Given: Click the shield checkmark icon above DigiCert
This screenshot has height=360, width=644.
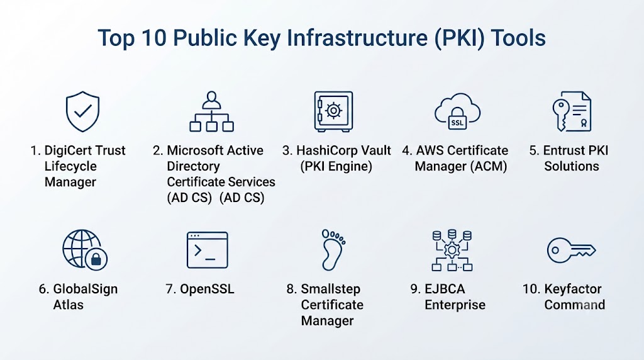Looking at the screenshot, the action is [82, 111].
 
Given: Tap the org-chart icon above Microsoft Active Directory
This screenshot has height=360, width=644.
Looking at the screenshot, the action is [211, 111].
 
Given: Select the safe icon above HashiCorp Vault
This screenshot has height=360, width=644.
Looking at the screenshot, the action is [333, 111].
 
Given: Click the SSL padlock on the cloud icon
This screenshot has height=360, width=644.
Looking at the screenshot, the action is [457, 120].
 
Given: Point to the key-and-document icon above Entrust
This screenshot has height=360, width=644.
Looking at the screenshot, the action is [572, 111].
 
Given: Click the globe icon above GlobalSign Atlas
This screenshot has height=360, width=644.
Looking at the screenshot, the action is [85, 249].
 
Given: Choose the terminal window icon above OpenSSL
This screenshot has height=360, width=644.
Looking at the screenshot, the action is [208, 250].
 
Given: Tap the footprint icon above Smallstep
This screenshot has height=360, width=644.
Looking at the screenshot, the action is [333, 249].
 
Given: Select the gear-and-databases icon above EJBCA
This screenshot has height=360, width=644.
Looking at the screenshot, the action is [452, 250].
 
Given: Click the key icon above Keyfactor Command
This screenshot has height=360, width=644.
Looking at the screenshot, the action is [571, 250].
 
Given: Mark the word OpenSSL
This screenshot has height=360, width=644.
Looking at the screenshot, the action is [207, 289].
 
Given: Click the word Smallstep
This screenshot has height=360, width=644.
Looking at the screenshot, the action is [331, 289].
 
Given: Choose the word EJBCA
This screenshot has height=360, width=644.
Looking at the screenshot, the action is [445, 289].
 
